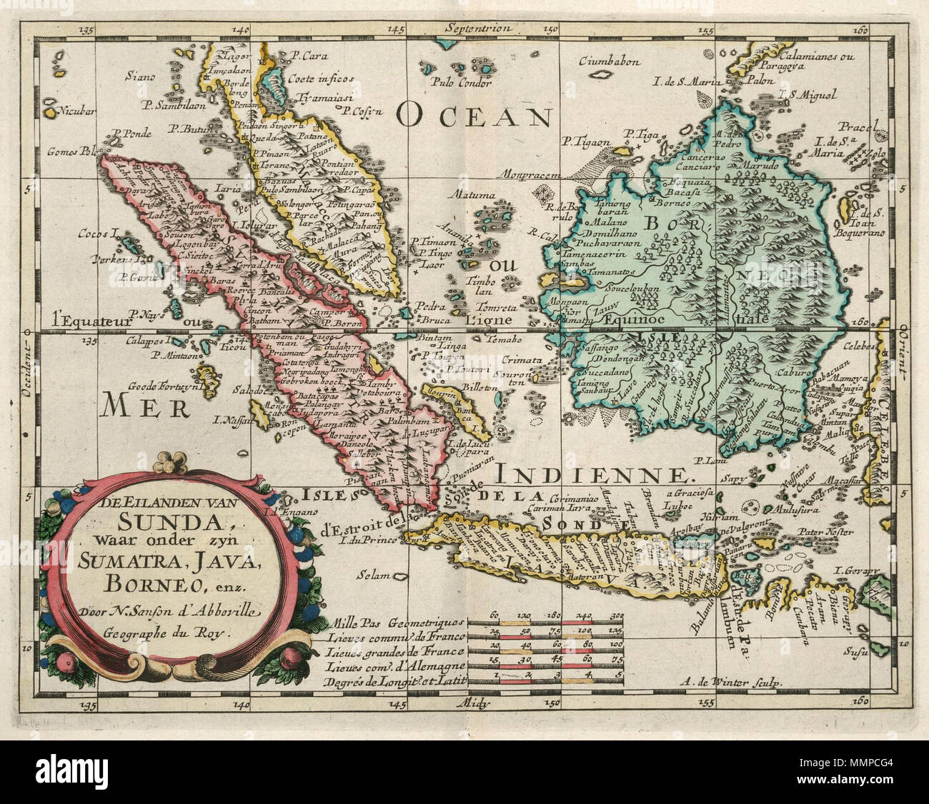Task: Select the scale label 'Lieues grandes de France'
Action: point(394,651)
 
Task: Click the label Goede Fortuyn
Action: point(162,386)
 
